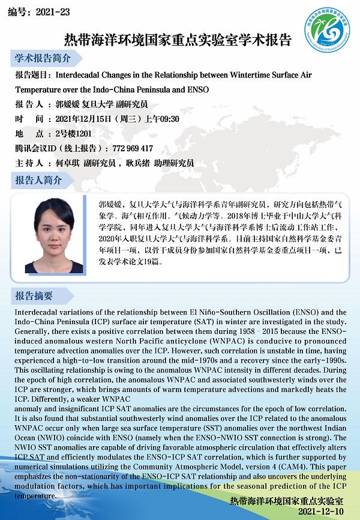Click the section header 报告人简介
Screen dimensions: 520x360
38,180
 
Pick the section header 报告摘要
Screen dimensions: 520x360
34,295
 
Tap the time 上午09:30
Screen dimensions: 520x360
164,119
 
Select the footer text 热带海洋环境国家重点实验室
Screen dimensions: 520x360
287,500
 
